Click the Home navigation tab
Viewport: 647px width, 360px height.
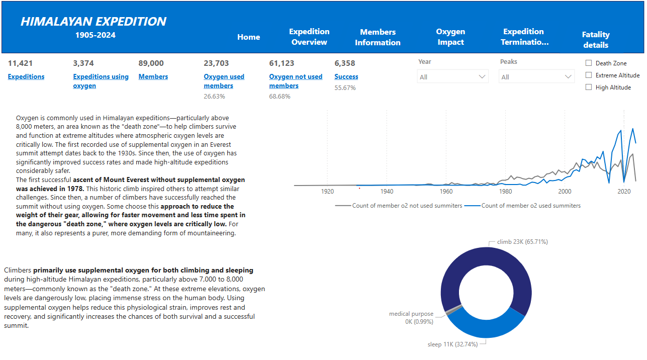click(249, 37)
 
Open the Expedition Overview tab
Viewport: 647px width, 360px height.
click(309, 37)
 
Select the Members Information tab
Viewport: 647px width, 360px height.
click(378, 37)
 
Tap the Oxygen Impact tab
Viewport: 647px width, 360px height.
click(450, 37)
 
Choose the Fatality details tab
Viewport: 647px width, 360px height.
click(596, 40)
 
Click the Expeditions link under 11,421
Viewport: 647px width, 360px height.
click(26, 77)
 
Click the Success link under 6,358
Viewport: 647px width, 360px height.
click(346, 77)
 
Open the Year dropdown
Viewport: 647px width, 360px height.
click(453, 77)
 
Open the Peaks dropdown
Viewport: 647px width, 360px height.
click(536, 77)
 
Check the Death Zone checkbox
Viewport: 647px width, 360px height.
click(589, 63)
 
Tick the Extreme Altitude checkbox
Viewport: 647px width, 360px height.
click(589, 75)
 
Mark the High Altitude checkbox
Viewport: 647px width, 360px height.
click(589, 87)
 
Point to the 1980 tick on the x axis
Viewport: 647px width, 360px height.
click(505, 192)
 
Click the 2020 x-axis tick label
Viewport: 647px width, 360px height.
click(624, 192)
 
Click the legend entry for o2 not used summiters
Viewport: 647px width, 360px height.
click(399, 206)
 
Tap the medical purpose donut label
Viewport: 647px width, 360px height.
click(411, 317)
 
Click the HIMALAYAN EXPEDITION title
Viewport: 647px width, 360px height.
click(94, 22)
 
